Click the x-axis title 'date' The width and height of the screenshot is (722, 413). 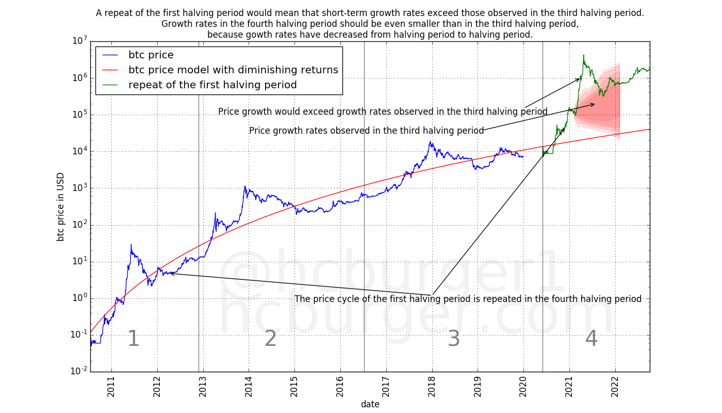[x=370, y=404]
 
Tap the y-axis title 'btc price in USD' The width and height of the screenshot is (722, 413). [x=61, y=206]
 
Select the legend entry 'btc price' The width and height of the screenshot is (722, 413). [x=151, y=55]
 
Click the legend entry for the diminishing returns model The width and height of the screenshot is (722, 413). [x=233, y=70]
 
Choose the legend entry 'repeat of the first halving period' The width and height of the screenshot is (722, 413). [x=212, y=85]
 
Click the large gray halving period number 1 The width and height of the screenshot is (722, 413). [x=133, y=339]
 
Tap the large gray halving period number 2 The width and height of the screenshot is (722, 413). [x=271, y=339]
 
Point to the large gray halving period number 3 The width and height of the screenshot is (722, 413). [x=453, y=339]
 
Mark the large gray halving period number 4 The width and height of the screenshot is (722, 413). [x=591, y=339]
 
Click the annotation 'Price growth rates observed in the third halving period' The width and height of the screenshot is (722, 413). [x=366, y=131]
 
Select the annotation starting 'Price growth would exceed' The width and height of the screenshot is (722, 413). [x=383, y=112]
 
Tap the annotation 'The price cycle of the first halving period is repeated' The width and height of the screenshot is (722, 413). [x=468, y=299]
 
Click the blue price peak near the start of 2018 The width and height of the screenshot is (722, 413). [x=431, y=141]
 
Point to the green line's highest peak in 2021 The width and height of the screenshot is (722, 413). [x=583, y=55]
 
